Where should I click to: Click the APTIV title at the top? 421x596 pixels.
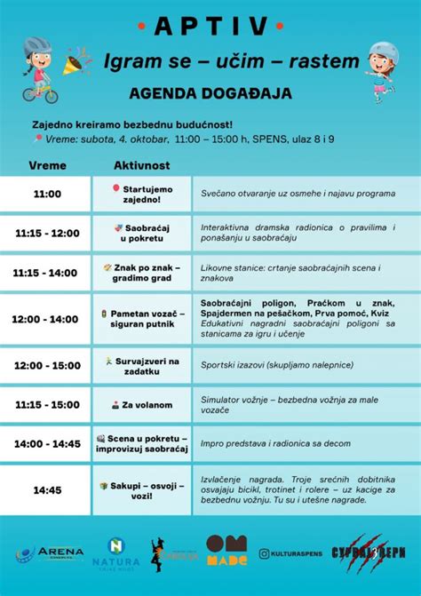click(x=210, y=27)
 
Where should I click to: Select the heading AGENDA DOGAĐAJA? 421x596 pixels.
click(x=210, y=92)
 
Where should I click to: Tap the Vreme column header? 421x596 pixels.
click(x=47, y=166)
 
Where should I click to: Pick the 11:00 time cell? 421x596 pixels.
click(x=47, y=194)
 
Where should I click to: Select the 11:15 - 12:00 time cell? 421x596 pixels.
click(x=47, y=233)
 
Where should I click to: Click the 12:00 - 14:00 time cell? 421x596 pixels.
click(x=47, y=319)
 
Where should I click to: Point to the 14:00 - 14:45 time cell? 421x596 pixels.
click(x=47, y=443)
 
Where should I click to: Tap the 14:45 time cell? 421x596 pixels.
click(x=47, y=489)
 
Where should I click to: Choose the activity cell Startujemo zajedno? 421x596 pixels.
click(x=142, y=194)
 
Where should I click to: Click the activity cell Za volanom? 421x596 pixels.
click(x=142, y=405)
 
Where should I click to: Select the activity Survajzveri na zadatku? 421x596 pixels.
click(x=142, y=366)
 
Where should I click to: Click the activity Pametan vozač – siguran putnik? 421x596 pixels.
click(x=142, y=319)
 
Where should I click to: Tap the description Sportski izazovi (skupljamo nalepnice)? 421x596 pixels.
click(x=277, y=364)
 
